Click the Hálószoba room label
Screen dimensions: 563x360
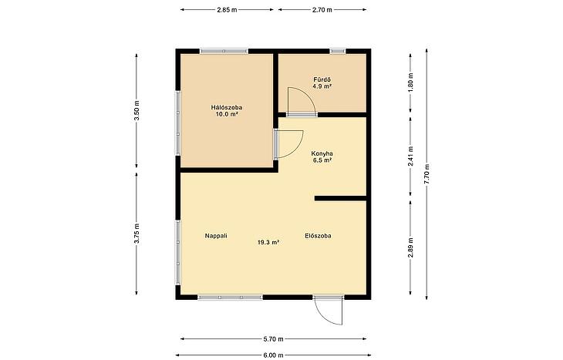click(x=226, y=107)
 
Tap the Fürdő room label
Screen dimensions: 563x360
click(x=322, y=79)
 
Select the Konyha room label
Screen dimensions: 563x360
click(x=322, y=153)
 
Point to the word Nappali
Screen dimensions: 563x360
click(x=216, y=236)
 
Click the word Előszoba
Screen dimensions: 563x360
click(x=318, y=236)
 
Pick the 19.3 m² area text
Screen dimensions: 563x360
click(x=268, y=242)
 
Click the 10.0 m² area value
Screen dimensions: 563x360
click(x=227, y=114)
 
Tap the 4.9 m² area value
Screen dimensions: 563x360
click(x=322, y=86)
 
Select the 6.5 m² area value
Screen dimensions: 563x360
click(x=322, y=160)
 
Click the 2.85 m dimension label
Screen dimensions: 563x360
click(x=227, y=10)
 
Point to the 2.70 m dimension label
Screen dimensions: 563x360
click(x=322, y=10)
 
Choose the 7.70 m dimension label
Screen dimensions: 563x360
click(x=426, y=173)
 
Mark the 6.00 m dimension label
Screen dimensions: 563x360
click(x=273, y=355)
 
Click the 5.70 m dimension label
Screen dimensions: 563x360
click(x=273, y=339)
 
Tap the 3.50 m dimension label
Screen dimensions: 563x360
click(x=137, y=110)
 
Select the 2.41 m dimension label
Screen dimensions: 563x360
click(x=410, y=156)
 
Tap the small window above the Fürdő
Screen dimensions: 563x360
click(x=338, y=52)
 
